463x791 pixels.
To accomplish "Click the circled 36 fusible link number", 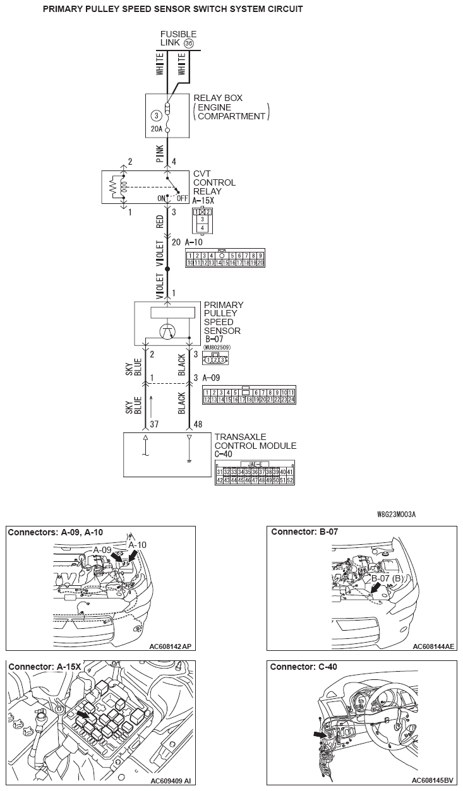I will point(188,44).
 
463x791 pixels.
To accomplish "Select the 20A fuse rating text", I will point(157,129).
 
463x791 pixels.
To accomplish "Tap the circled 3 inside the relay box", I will point(156,116).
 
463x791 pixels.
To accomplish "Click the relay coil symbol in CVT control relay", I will point(123,187).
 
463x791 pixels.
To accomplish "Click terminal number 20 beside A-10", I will point(176,242).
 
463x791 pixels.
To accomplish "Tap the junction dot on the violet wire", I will point(167,269).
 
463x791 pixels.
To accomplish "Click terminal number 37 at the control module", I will point(153,424).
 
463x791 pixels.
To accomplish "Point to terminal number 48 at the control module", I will point(198,424).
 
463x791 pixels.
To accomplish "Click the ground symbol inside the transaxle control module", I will point(189,460).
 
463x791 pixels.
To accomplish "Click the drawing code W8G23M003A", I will point(396,514).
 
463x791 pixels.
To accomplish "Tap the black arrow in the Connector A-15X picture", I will point(81,714).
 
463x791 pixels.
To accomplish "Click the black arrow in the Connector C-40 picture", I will point(320,734).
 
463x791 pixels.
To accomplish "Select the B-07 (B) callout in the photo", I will point(387,578).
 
